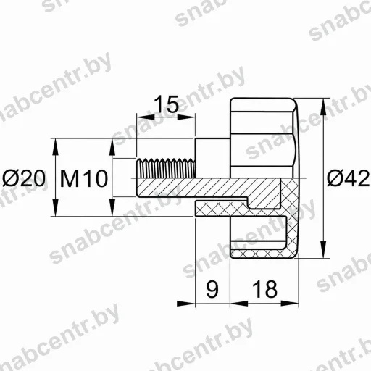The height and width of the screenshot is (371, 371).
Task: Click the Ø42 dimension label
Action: pos(348,178)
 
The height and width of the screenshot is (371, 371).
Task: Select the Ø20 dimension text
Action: pos(24,178)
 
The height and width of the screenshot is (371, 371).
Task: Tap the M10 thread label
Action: pos(84,178)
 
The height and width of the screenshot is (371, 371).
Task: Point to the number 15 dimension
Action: pos(166,104)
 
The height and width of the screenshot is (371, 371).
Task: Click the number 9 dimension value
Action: pos(212,289)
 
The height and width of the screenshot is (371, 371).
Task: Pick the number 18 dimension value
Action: pos(264,289)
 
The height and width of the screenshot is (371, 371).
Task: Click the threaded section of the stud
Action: pos(166,168)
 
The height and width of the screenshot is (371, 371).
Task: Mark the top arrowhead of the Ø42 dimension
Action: pos(323,107)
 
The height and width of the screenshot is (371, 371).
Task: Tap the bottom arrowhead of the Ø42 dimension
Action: pos(323,249)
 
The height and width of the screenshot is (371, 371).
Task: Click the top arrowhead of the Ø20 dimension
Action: pos(56,147)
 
